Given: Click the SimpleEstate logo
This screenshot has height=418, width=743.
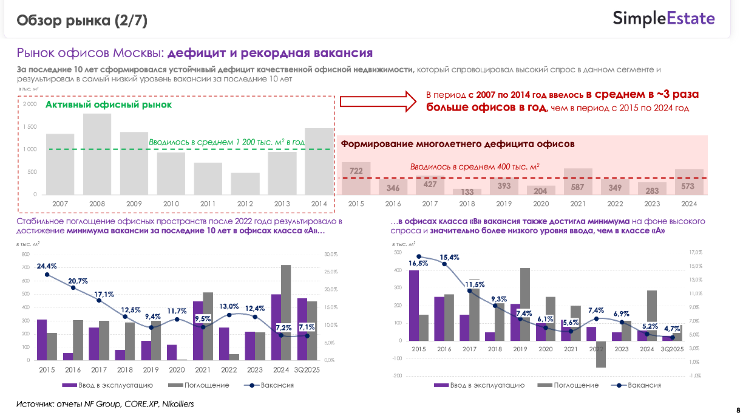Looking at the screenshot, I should tap(663, 18).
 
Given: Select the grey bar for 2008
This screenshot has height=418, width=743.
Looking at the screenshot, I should tap(97, 154).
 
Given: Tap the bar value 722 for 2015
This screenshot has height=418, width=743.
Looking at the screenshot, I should tap(356, 172).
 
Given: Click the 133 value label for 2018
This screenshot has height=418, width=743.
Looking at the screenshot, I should tap(467, 191).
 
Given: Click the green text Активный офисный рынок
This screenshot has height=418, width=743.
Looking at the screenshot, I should tap(109, 104).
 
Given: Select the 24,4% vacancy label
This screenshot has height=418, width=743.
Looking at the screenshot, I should tap(47, 266).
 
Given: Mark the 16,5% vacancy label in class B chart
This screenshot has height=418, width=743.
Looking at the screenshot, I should tap(418, 263).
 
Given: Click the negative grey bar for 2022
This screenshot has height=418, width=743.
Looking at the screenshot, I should tap(601, 354).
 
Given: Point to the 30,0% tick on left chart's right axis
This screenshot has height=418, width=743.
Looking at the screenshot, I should tap(331, 254).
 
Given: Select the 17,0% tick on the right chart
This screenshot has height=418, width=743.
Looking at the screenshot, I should tap(694, 252).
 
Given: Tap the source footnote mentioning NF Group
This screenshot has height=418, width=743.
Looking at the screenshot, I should tap(104, 403).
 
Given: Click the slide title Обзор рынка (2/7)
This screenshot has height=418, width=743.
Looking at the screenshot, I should tap(82, 21).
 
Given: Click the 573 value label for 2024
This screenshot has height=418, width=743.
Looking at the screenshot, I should tap(690, 185).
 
